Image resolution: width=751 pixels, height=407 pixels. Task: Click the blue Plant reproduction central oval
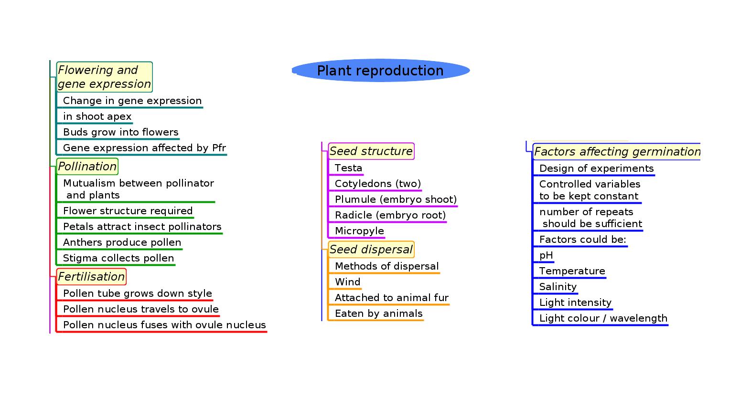(380, 71)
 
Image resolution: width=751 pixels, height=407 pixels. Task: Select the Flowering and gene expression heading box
(104, 77)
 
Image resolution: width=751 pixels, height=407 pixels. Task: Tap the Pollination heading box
(87, 167)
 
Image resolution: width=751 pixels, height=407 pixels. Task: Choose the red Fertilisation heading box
(91, 277)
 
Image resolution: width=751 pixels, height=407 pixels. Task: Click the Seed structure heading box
(371, 151)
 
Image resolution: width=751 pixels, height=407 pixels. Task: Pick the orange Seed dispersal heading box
(371, 250)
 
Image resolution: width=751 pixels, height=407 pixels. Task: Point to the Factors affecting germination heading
(617, 152)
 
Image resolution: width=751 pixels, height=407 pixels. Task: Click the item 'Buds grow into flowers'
(120, 132)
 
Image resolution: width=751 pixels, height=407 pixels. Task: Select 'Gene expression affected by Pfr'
(144, 148)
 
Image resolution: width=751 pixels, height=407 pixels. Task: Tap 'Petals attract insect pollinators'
(142, 227)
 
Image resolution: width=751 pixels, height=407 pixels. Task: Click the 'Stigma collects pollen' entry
(118, 258)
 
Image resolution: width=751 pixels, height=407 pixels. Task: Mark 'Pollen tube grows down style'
(137, 293)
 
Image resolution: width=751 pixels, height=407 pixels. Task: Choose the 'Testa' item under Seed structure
(348, 168)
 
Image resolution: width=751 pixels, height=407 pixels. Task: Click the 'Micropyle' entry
(359, 231)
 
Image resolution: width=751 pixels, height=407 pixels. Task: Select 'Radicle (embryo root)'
(390, 215)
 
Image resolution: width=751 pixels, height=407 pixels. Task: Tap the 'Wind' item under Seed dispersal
(347, 282)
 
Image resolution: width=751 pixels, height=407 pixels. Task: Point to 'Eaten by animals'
(378, 313)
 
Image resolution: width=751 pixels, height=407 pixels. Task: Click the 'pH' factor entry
(546, 255)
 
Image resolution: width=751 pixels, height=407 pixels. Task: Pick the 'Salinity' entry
(558, 287)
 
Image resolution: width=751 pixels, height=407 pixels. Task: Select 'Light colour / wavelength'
(603, 318)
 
